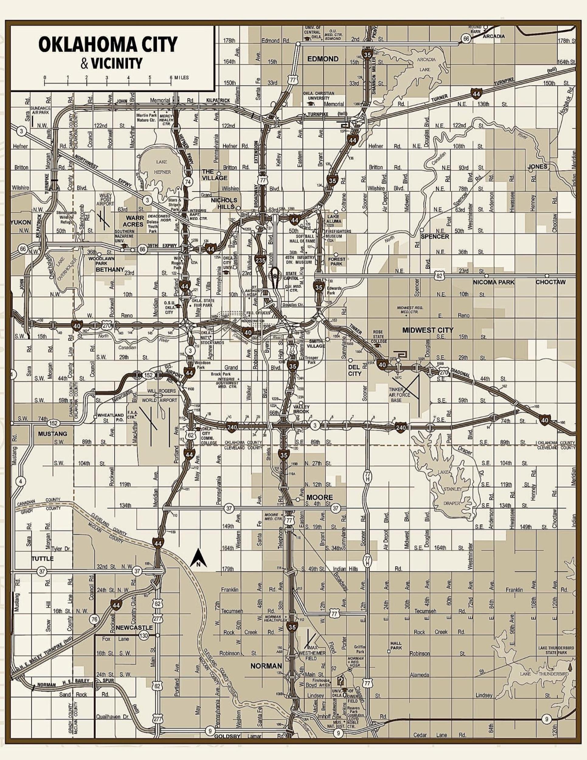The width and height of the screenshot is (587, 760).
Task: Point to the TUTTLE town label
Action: click(x=43, y=559)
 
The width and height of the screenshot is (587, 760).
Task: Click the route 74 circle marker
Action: click(x=188, y=181)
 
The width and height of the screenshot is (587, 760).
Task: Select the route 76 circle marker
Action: click(x=94, y=619)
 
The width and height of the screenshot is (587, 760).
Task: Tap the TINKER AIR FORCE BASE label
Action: click(x=399, y=395)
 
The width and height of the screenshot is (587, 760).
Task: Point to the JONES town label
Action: click(x=537, y=166)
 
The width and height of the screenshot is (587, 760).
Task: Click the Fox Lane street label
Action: click(x=116, y=639)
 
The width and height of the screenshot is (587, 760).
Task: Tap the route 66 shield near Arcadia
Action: click(x=466, y=39)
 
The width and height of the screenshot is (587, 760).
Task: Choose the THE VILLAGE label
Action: click(x=215, y=174)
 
